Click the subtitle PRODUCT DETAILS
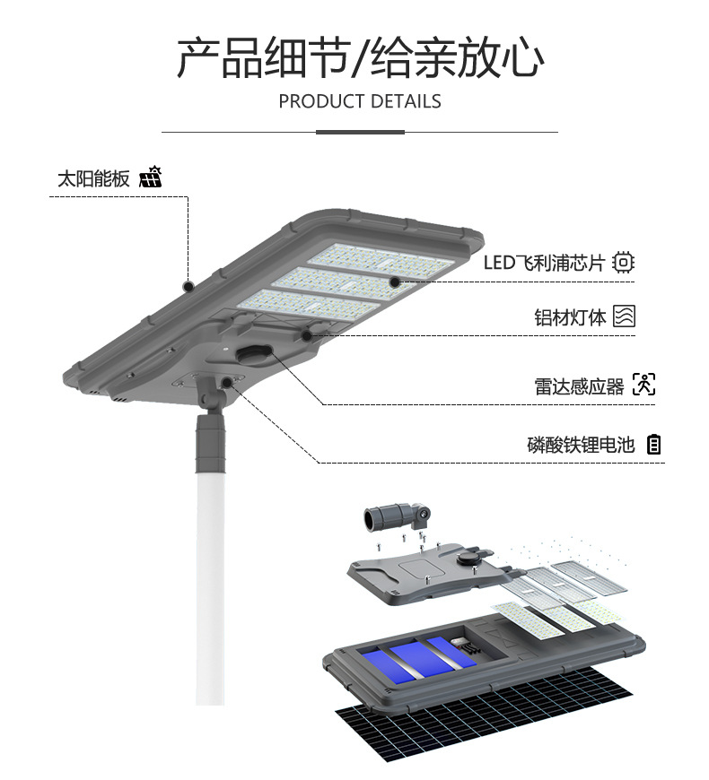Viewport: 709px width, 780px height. pos(360,101)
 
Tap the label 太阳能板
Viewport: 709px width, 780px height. pos(93,178)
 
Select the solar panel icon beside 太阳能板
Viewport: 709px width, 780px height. pos(150,178)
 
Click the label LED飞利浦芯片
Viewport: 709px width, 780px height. pos(546,263)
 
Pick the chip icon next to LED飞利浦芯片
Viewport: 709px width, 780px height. pos(623,263)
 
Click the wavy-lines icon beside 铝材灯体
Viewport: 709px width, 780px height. pos(624,316)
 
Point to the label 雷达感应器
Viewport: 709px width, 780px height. pos(579,386)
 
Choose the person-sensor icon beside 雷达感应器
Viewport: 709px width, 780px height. pos(643,386)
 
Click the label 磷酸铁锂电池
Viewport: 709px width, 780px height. pos(581,445)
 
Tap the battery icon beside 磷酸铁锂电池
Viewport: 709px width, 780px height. pos(654,445)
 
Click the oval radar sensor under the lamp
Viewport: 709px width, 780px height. pos(258,354)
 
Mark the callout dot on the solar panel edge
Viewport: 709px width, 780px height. pos(188,287)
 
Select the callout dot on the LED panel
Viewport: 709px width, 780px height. pos(394,282)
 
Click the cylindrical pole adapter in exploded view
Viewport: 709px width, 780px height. pos(386,517)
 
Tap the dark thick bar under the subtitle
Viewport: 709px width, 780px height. pos(360,132)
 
